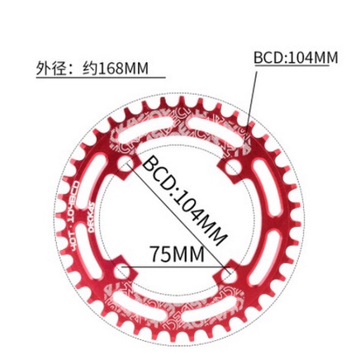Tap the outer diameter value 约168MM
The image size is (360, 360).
pyautogui.click(x=116, y=69)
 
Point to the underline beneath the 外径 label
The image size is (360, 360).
pyautogui.click(x=99, y=78)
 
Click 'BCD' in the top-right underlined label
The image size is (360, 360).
pyautogui.click(x=268, y=58)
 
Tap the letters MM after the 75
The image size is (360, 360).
pyautogui.click(x=189, y=253)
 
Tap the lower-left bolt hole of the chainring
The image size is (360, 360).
pyautogui.click(x=125, y=271)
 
